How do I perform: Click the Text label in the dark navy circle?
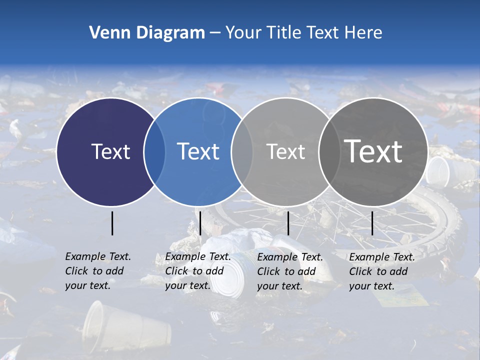[110, 151]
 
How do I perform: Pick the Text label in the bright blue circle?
[198, 151]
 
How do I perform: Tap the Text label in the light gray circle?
[285, 151]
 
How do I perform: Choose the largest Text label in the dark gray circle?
[373, 151]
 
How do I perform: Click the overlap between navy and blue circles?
[154, 152]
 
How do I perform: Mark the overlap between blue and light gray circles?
[242, 152]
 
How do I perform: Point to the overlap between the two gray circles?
[328, 152]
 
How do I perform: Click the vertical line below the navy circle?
[112, 223]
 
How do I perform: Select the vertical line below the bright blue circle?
[200, 223]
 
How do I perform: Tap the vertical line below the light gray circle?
[288, 223]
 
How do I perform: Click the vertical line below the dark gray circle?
[372, 223]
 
